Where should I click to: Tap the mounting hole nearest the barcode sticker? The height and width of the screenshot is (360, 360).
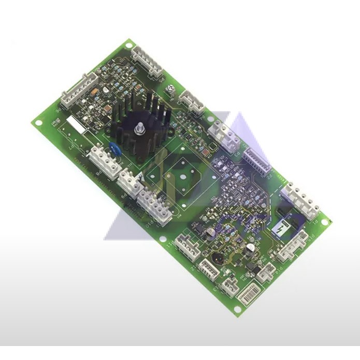click(237, 309)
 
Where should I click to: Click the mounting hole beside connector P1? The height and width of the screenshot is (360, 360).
click(325, 222)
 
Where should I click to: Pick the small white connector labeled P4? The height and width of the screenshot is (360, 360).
click(192, 100)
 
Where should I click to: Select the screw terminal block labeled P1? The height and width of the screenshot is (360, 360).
click(301, 199)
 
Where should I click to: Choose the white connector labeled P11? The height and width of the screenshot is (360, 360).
click(187, 246)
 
